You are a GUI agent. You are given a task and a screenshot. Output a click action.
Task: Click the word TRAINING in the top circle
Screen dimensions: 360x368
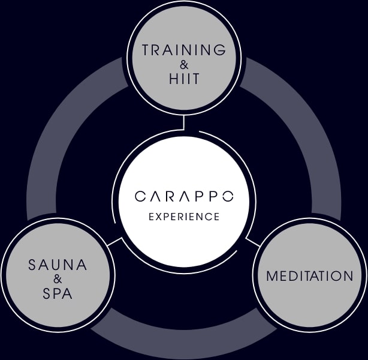184,50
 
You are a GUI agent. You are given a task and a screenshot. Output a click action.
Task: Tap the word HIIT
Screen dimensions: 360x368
184,79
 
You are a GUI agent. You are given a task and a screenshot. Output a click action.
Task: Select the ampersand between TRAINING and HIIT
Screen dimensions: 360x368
184,65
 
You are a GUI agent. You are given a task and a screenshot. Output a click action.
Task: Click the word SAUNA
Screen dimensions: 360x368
58,265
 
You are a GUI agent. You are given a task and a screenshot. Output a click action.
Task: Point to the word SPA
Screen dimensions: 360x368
58,293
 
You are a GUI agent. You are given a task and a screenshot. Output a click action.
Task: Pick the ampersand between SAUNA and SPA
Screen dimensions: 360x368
58,279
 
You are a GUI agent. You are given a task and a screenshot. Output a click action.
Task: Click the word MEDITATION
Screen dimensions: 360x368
310,277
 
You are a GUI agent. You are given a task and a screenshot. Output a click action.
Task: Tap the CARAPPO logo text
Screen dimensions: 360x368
184,196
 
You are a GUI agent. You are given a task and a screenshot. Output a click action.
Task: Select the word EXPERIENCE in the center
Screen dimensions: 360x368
184,217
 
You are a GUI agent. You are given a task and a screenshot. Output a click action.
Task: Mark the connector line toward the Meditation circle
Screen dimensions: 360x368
253,242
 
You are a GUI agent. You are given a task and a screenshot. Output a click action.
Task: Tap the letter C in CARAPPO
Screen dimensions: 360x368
140,196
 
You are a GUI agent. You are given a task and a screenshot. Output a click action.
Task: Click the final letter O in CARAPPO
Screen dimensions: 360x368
227,196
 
